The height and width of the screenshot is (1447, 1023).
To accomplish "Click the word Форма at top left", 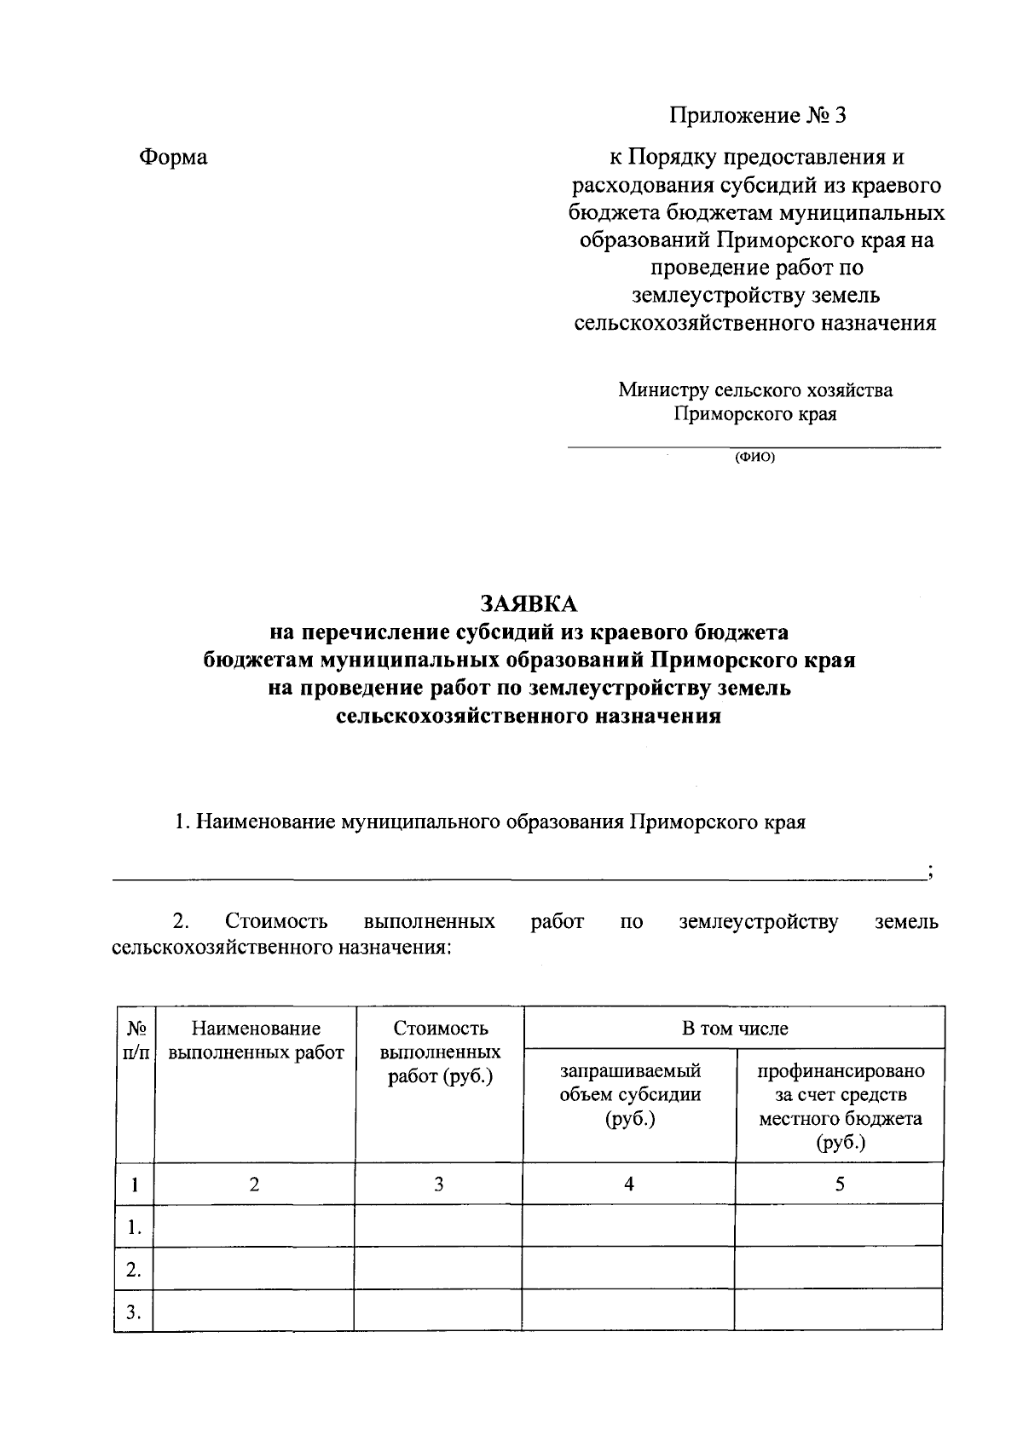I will coord(173,158).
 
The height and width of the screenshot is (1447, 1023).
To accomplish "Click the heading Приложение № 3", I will coord(756,116).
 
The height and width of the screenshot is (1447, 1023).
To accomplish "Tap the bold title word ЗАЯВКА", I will coord(529,604).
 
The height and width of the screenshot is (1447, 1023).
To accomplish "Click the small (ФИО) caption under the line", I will coord(754,457).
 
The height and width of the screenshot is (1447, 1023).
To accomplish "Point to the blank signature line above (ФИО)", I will coord(754,446).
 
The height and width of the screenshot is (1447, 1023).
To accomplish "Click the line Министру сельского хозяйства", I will coord(755,390).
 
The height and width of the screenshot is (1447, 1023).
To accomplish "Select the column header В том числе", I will coord(734,1029).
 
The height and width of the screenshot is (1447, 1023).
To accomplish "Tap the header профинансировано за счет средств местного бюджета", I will coord(840,1106).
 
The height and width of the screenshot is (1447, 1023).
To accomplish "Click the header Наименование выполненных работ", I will coord(256,1041).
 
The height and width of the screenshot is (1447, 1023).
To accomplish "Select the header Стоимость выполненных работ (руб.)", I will coord(440,1052).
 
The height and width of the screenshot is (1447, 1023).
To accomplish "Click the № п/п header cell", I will coord(134,1041).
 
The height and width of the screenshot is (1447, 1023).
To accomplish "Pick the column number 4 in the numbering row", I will coord(629,1184).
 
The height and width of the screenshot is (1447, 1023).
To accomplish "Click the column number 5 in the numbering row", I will coord(840,1184).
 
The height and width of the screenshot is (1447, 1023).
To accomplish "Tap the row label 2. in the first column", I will coord(133,1270).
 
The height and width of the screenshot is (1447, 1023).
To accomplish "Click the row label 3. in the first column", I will coord(133,1312).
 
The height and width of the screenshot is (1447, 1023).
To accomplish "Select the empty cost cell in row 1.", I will coord(439,1227).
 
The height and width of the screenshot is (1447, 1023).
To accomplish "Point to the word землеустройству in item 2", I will coord(758,922).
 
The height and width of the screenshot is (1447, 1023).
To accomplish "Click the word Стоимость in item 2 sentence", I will coord(276,922).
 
